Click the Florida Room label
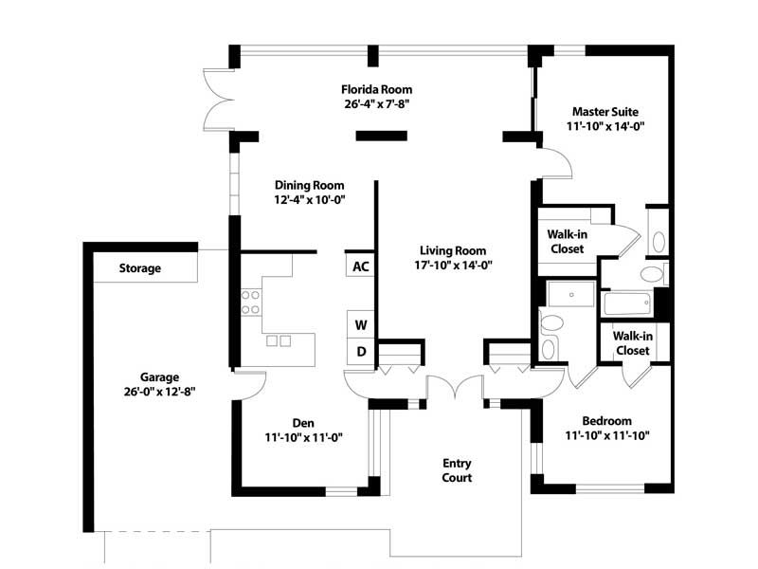(x=376, y=89)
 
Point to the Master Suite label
(x=605, y=112)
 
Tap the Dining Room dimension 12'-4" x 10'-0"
(x=310, y=199)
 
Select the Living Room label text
(x=453, y=250)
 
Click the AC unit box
(x=360, y=266)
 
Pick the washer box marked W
(x=361, y=324)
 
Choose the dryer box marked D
(x=361, y=351)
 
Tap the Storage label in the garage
(x=139, y=268)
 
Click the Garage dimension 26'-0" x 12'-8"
(x=159, y=392)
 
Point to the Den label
(x=303, y=423)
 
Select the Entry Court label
(x=457, y=470)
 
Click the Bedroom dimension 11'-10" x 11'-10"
(x=607, y=435)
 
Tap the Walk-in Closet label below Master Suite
(x=567, y=242)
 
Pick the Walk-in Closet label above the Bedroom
(x=633, y=343)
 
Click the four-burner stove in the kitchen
(x=250, y=303)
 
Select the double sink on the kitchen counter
(x=279, y=341)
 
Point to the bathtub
(x=627, y=303)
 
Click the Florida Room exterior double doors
(x=218, y=101)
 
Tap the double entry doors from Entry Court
(x=455, y=387)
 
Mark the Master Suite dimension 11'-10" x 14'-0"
(x=605, y=126)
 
